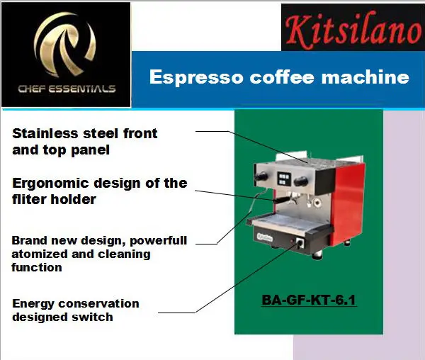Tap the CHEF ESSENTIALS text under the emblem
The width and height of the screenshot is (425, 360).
[66, 89]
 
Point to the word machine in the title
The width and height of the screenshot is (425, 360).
[371, 77]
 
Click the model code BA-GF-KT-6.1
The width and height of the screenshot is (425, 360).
[309, 300]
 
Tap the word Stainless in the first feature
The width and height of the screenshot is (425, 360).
[42, 133]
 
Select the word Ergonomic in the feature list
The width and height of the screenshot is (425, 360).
[46, 183]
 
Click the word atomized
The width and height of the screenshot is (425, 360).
[35, 254]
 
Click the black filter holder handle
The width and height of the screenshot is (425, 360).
[263, 201]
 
